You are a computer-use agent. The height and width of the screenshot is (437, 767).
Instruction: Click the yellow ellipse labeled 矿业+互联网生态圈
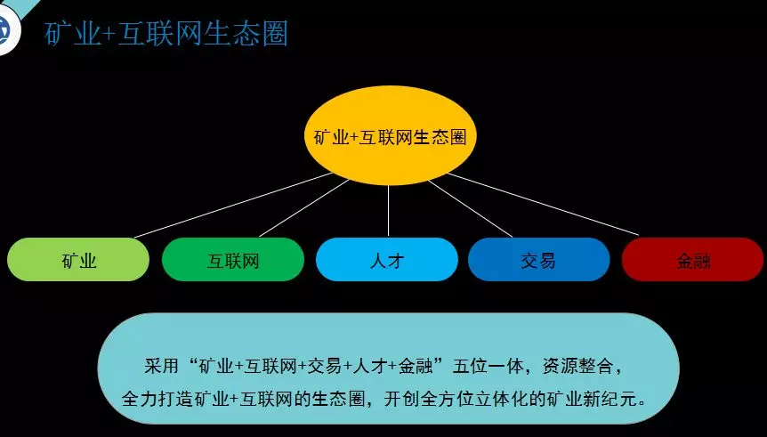point(390,135)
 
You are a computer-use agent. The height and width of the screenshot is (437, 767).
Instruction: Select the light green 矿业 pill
point(78,259)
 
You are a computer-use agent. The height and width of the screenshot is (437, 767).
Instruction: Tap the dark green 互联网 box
point(233,259)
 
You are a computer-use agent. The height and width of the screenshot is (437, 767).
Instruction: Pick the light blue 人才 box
point(387,259)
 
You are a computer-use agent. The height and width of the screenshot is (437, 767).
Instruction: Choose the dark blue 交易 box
point(539,259)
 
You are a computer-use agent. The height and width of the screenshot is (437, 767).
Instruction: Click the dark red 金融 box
point(692,259)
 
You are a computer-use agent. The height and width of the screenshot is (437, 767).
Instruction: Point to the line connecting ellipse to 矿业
point(233,205)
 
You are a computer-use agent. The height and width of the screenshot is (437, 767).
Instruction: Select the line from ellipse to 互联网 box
point(303,208)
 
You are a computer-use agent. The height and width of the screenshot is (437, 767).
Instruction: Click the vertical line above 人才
point(388,211)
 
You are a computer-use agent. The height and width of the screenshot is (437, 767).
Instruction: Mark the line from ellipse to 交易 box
point(470,209)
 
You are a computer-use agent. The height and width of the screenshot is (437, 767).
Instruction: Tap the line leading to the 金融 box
point(543,204)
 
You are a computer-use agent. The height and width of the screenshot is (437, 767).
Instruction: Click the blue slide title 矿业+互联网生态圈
point(166,34)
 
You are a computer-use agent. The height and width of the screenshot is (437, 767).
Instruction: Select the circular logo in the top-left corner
point(6,30)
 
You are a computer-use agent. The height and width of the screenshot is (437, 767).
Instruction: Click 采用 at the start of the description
point(161,367)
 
